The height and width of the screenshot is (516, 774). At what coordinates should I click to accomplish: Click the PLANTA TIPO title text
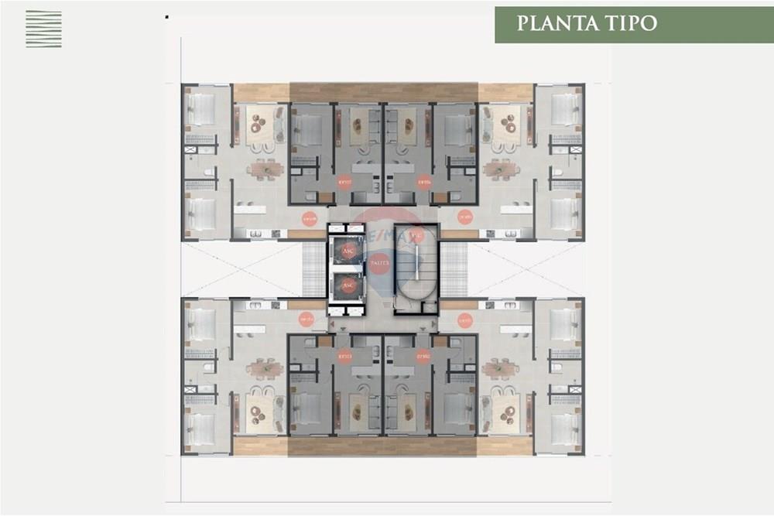coord(587,22)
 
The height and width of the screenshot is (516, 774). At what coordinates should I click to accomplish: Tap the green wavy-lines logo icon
coord(43,29)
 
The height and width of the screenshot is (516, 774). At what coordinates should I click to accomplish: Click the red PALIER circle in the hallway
coord(379,264)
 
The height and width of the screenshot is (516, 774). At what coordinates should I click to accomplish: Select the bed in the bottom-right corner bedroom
coord(565,428)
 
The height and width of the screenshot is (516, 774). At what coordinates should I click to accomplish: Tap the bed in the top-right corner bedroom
coord(565,109)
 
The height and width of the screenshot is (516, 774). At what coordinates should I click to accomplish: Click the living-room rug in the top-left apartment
coord(261,124)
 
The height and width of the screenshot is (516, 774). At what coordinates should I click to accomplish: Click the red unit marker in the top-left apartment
coord(309,219)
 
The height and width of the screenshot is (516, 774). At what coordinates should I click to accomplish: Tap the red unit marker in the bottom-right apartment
coord(464,320)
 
